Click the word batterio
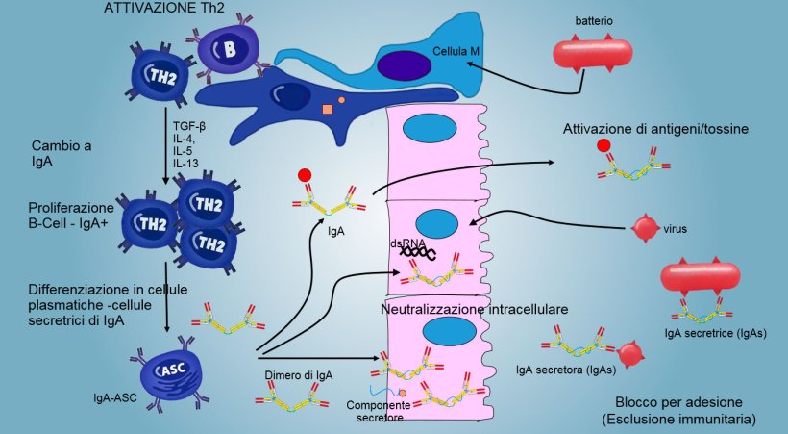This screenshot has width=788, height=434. coord(594,19)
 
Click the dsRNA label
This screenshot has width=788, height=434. coord(406,244)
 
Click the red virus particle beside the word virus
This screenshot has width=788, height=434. coord(644,229)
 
